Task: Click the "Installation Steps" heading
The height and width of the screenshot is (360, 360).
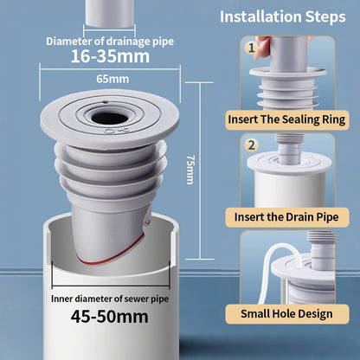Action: tap(283, 16)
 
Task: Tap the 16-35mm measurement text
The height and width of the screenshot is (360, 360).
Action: tap(110, 56)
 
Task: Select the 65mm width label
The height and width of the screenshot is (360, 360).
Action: tap(112, 79)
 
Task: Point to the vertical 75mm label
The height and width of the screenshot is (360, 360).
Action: tap(190, 170)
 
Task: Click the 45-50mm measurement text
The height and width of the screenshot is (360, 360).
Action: tap(110, 317)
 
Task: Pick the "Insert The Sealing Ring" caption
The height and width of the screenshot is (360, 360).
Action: tap(286, 119)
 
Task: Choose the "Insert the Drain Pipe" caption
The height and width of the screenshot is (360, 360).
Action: tap(286, 217)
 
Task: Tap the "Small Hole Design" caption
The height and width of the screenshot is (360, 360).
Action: tap(286, 313)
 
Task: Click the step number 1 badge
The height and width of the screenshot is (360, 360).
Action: tap(252, 48)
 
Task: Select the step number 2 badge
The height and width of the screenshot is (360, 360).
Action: tap(252, 145)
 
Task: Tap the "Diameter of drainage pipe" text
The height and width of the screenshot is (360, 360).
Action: tap(110, 42)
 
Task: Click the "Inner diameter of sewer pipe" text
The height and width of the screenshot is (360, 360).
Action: tap(110, 299)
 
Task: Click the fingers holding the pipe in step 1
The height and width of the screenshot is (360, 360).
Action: tap(262, 47)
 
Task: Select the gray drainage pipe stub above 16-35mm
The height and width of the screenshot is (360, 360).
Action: tap(110, 13)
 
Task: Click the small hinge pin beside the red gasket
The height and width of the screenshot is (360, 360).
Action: tap(147, 222)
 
